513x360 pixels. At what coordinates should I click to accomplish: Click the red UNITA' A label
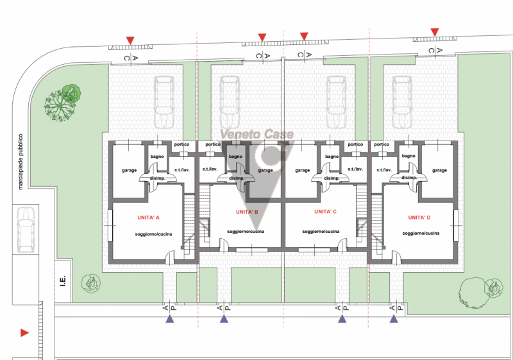click(148, 218)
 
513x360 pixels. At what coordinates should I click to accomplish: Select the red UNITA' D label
click(419, 218)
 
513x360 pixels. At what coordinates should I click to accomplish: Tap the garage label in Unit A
click(130, 170)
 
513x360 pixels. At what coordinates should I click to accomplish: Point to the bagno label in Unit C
click(332, 157)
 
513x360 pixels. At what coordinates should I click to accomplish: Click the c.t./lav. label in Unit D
click(384, 170)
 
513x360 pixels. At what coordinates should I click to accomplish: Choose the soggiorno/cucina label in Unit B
click(246, 232)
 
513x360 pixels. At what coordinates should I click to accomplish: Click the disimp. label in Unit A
click(157, 178)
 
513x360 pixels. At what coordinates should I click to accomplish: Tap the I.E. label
click(63, 281)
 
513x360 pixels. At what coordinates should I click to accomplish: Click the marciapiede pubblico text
click(21, 162)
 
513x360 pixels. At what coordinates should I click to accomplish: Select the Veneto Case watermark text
click(257, 134)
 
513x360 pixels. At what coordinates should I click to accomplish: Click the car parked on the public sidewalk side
click(26, 230)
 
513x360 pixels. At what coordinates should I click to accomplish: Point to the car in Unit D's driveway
click(402, 102)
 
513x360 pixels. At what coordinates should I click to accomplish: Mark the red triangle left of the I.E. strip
click(24, 333)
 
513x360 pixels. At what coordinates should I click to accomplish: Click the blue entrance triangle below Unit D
click(394, 319)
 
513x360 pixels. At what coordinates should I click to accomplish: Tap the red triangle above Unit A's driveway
click(130, 40)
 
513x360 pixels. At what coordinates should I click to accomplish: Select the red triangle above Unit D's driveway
click(435, 32)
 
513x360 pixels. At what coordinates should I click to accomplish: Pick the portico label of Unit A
click(181, 144)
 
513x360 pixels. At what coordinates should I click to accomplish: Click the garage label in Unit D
click(439, 170)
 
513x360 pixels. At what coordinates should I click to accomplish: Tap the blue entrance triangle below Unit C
click(342, 319)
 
